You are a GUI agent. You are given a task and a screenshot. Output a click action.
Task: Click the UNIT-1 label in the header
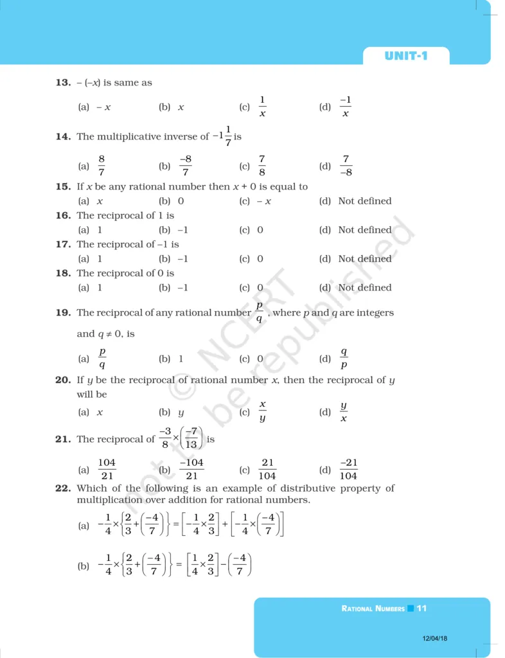pyautogui.click(x=405, y=56)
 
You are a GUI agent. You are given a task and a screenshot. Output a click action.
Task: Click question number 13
pyautogui.click(x=62, y=83)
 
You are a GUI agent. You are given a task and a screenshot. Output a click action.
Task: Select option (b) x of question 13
pyautogui.click(x=181, y=107)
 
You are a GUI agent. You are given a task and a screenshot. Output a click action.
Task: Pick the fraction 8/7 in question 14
pyautogui.click(x=102, y=166)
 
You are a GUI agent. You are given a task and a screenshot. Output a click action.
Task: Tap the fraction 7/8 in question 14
pyautogui.click(x=262, y=166)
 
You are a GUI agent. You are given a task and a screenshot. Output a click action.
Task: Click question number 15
pyautogui.click(x=62, y=186)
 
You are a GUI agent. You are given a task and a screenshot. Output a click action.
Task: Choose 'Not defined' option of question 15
pyautogui.click(x=364, y=201)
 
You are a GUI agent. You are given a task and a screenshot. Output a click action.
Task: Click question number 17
pyautogui.click(x=62, y=244)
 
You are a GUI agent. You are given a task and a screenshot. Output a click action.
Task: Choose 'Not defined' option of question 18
pyautogui.click(x=364, y=288)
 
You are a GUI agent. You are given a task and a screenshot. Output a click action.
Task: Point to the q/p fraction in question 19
pyautogui.click(x=344, y=359)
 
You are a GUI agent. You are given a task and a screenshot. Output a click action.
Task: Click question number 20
pyautogui.click(x=62, y=380)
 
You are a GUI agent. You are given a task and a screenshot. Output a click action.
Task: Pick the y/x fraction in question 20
pyautogui.click(x=344, y=412)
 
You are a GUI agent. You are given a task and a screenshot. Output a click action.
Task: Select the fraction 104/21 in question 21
pyautogui.click(x=107, y=470)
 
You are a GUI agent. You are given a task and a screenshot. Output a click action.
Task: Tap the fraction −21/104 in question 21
pyautogui.click(x=348, y=470)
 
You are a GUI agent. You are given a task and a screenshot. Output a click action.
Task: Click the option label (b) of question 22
pyautogui.click(x=83, y=567)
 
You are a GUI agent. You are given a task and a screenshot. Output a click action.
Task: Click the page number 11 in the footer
pyautogui.click(x=421, y=608)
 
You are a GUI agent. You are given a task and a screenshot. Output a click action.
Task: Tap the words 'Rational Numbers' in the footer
pyautogui.click(x=373, y=608)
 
